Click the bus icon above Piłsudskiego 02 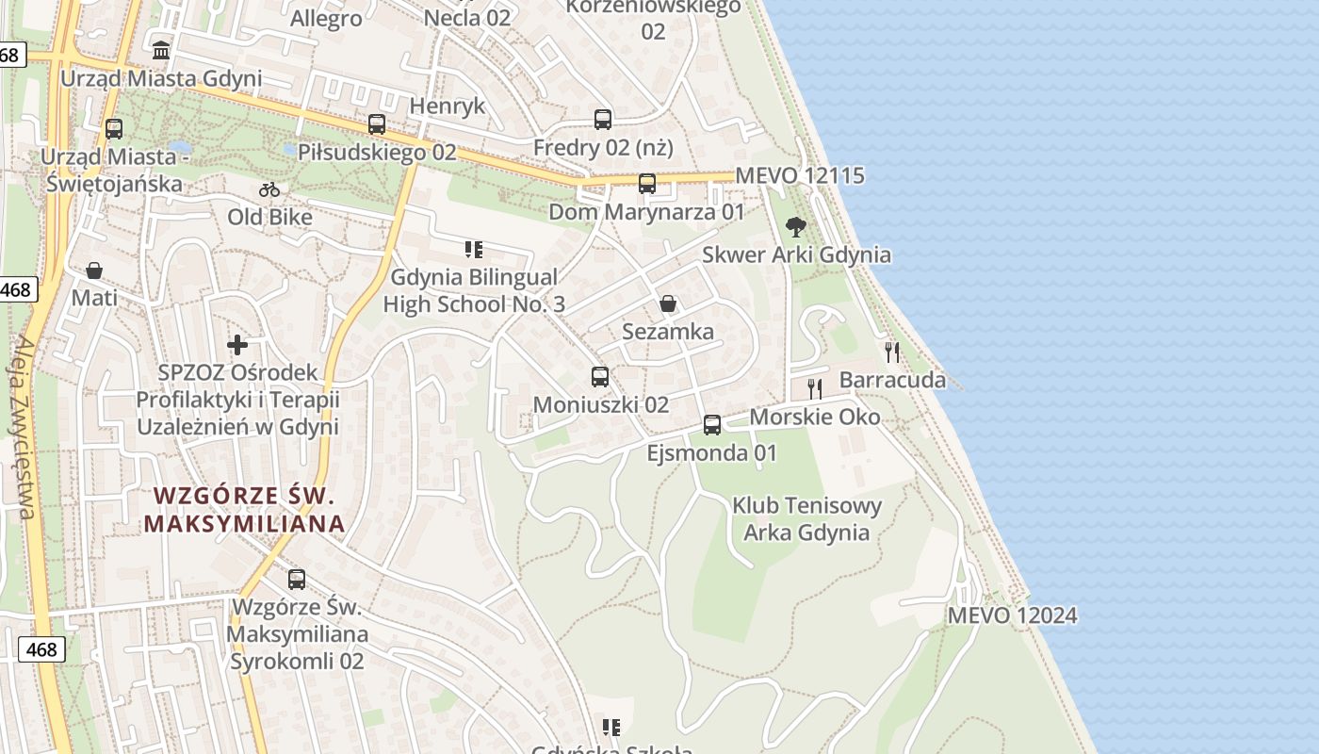[377, 124]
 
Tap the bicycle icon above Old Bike [269, 189]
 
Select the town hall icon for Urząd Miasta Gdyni [161, 50]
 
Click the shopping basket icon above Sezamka [668, 303]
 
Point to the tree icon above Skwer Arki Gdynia [796, 226]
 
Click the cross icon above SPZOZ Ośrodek [237, 345]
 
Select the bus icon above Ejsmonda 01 [712, 425]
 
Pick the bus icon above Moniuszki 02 [600, 377]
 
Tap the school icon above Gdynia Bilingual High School [474, 250]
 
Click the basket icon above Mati [94, 271]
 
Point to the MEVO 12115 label [800, 175]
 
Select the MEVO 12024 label [1012, 615]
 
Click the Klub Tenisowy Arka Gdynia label [807, 518]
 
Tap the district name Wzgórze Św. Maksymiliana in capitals [244, 509]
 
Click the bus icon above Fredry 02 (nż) [603, 120]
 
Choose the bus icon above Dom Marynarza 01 [647, 184]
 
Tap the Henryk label [448, 106]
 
